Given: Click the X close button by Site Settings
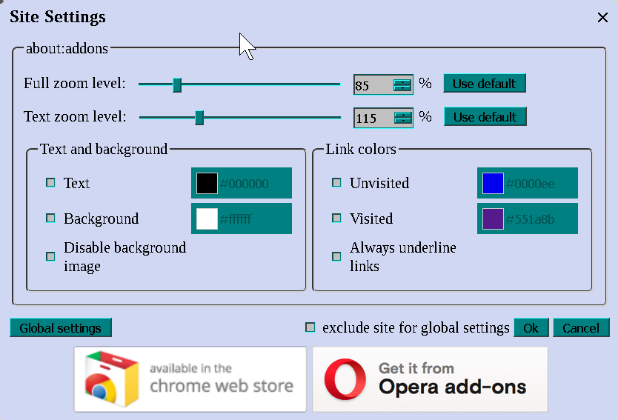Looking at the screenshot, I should tap(602, 18).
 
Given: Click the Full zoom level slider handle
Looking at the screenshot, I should tap(177, 84).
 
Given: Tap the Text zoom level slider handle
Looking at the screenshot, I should tap(199, 118).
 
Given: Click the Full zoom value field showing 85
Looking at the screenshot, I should tap(372, 85).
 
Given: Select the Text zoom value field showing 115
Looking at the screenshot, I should tap(373, 119).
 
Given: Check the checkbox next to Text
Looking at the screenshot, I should tap(51, 182).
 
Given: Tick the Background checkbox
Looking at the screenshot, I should tap(51, 218).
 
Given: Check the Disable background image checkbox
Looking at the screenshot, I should tap(51, 256).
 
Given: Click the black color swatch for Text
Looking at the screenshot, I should tap(207, 183).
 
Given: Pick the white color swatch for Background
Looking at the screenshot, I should tap(207, 219).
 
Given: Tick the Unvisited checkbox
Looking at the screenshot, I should tap(336, 182).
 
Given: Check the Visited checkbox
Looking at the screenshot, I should tap(336, 218).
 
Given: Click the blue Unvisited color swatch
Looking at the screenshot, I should tap(493, 183).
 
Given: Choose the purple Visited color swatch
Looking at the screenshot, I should tap(493, 219).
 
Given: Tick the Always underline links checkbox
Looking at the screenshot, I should tap(336, 256).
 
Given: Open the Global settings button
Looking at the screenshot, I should tap(61, 328).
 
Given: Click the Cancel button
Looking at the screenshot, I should tap(581, 328).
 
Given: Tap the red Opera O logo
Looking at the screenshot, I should tap(345, 379).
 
